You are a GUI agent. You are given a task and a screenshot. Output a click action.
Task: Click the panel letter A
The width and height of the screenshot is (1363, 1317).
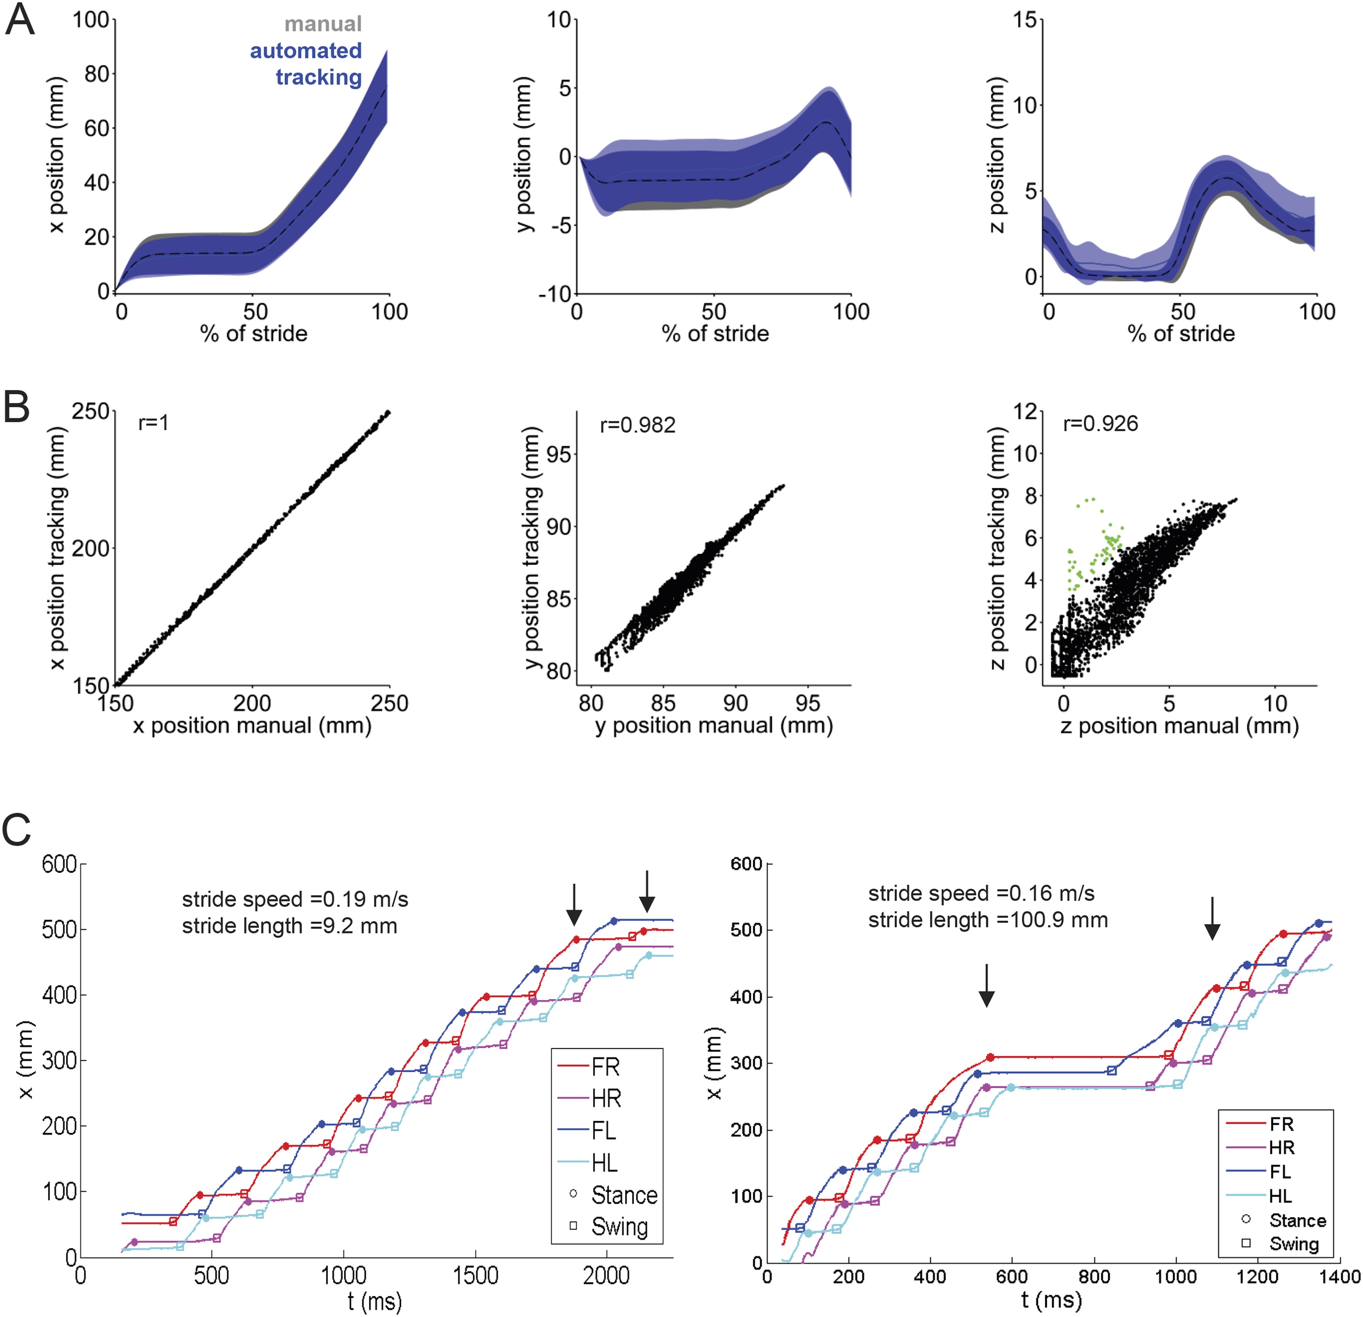(x=20, y=21)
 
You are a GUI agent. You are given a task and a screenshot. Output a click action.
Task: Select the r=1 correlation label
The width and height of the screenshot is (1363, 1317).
(x=154, y=423)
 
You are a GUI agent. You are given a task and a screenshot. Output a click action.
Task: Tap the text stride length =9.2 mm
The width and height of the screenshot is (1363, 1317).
(x=289, y=926)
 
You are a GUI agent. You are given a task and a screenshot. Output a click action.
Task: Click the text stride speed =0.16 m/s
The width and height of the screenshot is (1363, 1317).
(x=981, y=894)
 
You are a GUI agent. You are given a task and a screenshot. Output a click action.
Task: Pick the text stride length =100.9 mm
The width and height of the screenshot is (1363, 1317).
(x=987, y=920)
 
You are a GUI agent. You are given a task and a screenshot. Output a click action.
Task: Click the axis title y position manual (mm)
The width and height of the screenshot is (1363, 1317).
(x=713, y=726)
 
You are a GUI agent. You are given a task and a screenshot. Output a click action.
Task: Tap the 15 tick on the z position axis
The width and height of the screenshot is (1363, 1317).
(x=1025, y=20)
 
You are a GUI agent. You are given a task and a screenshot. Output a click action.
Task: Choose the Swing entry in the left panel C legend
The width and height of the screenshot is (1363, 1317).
(x=619, y=1227)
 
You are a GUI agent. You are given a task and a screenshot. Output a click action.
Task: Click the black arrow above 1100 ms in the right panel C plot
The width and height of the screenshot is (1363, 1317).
(x=1212, y=918)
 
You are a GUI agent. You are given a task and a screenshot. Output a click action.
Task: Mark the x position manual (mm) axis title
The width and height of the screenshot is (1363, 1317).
(x=252, y=726)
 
